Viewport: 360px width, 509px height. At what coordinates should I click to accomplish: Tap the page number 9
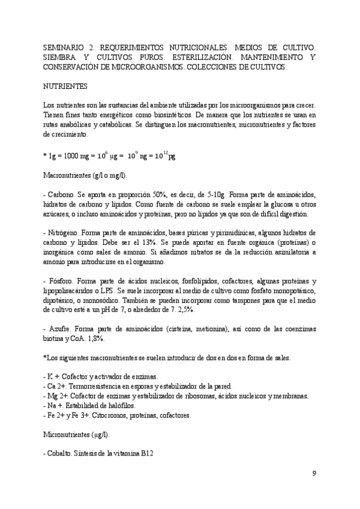pos(314,474)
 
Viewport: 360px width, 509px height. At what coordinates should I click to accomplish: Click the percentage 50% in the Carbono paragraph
pos(161,195)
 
